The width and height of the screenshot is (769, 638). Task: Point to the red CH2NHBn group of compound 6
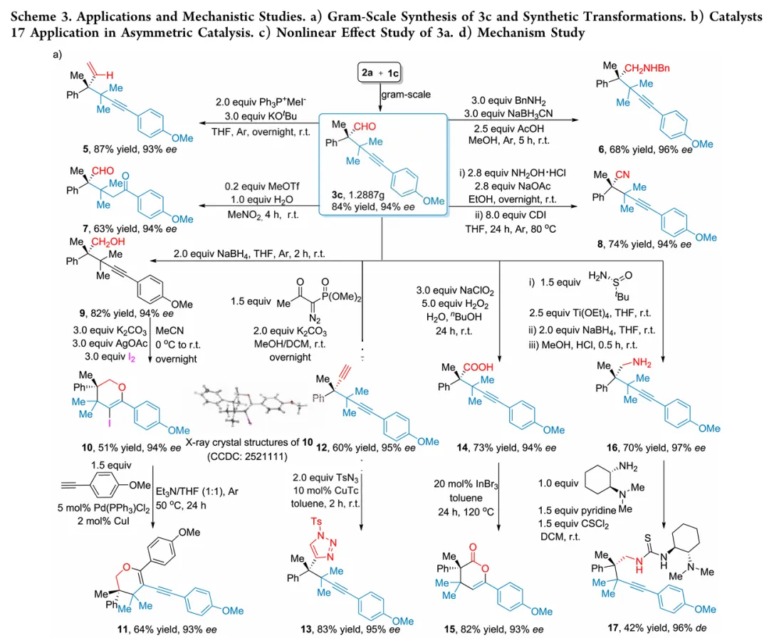647,68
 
